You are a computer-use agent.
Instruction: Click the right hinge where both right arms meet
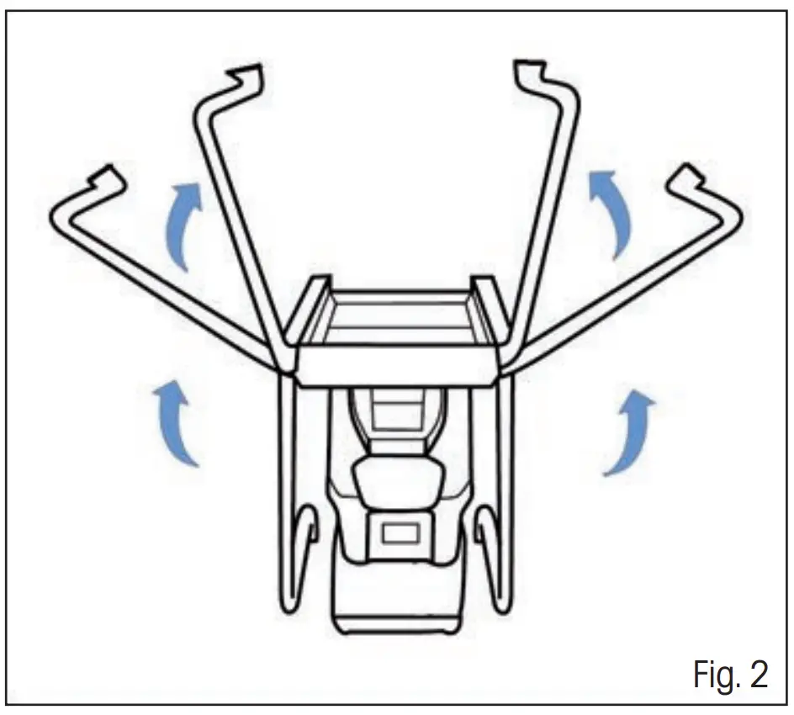coord(509,365)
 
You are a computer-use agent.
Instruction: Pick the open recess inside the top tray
coord(400,319)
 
